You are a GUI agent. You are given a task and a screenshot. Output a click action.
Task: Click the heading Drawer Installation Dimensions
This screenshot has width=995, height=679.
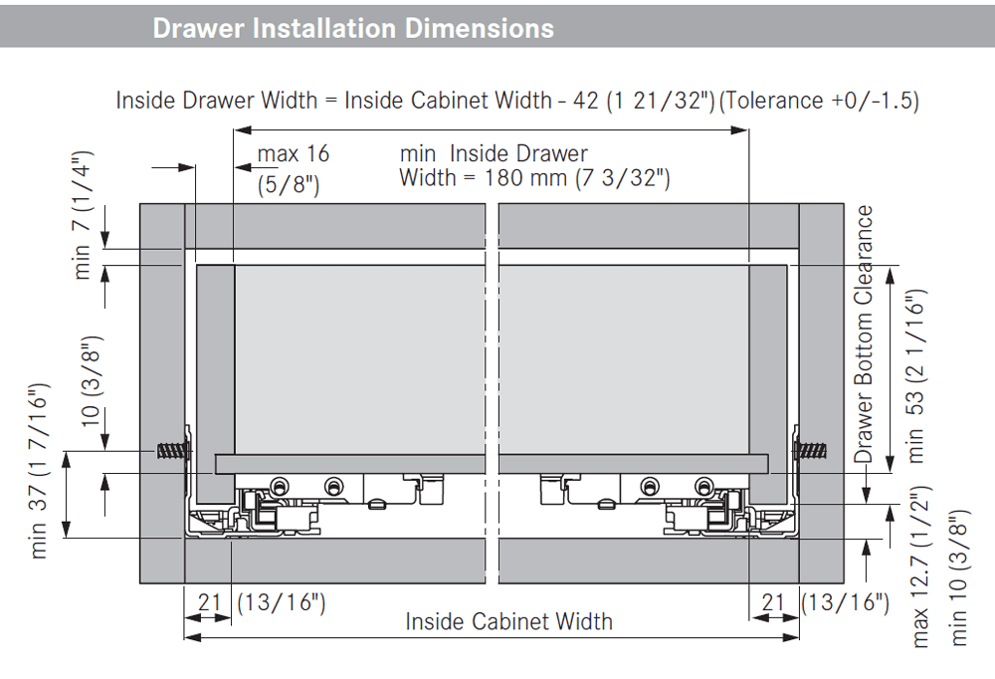tap(353, 29)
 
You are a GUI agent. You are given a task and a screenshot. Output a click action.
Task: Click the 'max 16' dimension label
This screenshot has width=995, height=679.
tap(294, 153)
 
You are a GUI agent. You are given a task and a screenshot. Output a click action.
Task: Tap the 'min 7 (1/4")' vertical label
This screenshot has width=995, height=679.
tap(83, 215)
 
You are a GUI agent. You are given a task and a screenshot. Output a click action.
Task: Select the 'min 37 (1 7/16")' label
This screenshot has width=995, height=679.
tap(38, 471)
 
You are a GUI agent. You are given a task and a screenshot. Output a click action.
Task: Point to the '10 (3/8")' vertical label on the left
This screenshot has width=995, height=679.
tap(91, 381)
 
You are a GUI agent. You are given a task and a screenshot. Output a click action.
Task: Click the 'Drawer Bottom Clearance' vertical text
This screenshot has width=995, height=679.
tap(863, 335)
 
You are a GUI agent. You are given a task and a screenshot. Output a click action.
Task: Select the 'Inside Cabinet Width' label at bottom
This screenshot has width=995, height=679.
tap(508, 621)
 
